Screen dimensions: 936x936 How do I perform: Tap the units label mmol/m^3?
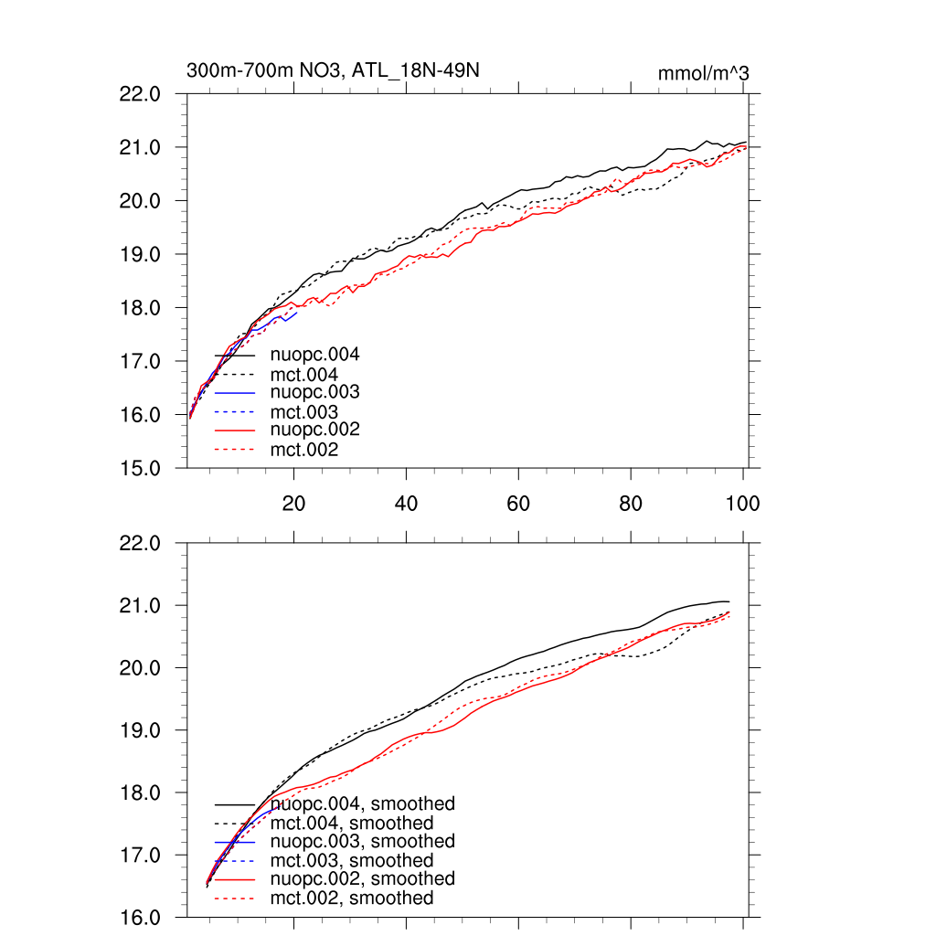click(703, 73)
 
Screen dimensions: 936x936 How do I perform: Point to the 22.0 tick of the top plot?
click(141, 93)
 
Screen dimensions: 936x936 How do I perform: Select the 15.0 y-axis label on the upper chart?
click(141, 468)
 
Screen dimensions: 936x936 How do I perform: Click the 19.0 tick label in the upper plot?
click(141, 254)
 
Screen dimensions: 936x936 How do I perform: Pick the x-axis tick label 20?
click(293, 502)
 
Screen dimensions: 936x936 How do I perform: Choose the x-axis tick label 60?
click(518, 502)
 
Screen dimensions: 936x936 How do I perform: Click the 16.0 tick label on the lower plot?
click(141, 917)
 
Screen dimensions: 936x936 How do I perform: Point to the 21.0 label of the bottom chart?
click(141, 605)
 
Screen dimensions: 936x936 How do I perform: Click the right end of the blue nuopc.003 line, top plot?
click(298, 313)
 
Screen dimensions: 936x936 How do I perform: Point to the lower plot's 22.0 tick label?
click(141, 543)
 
